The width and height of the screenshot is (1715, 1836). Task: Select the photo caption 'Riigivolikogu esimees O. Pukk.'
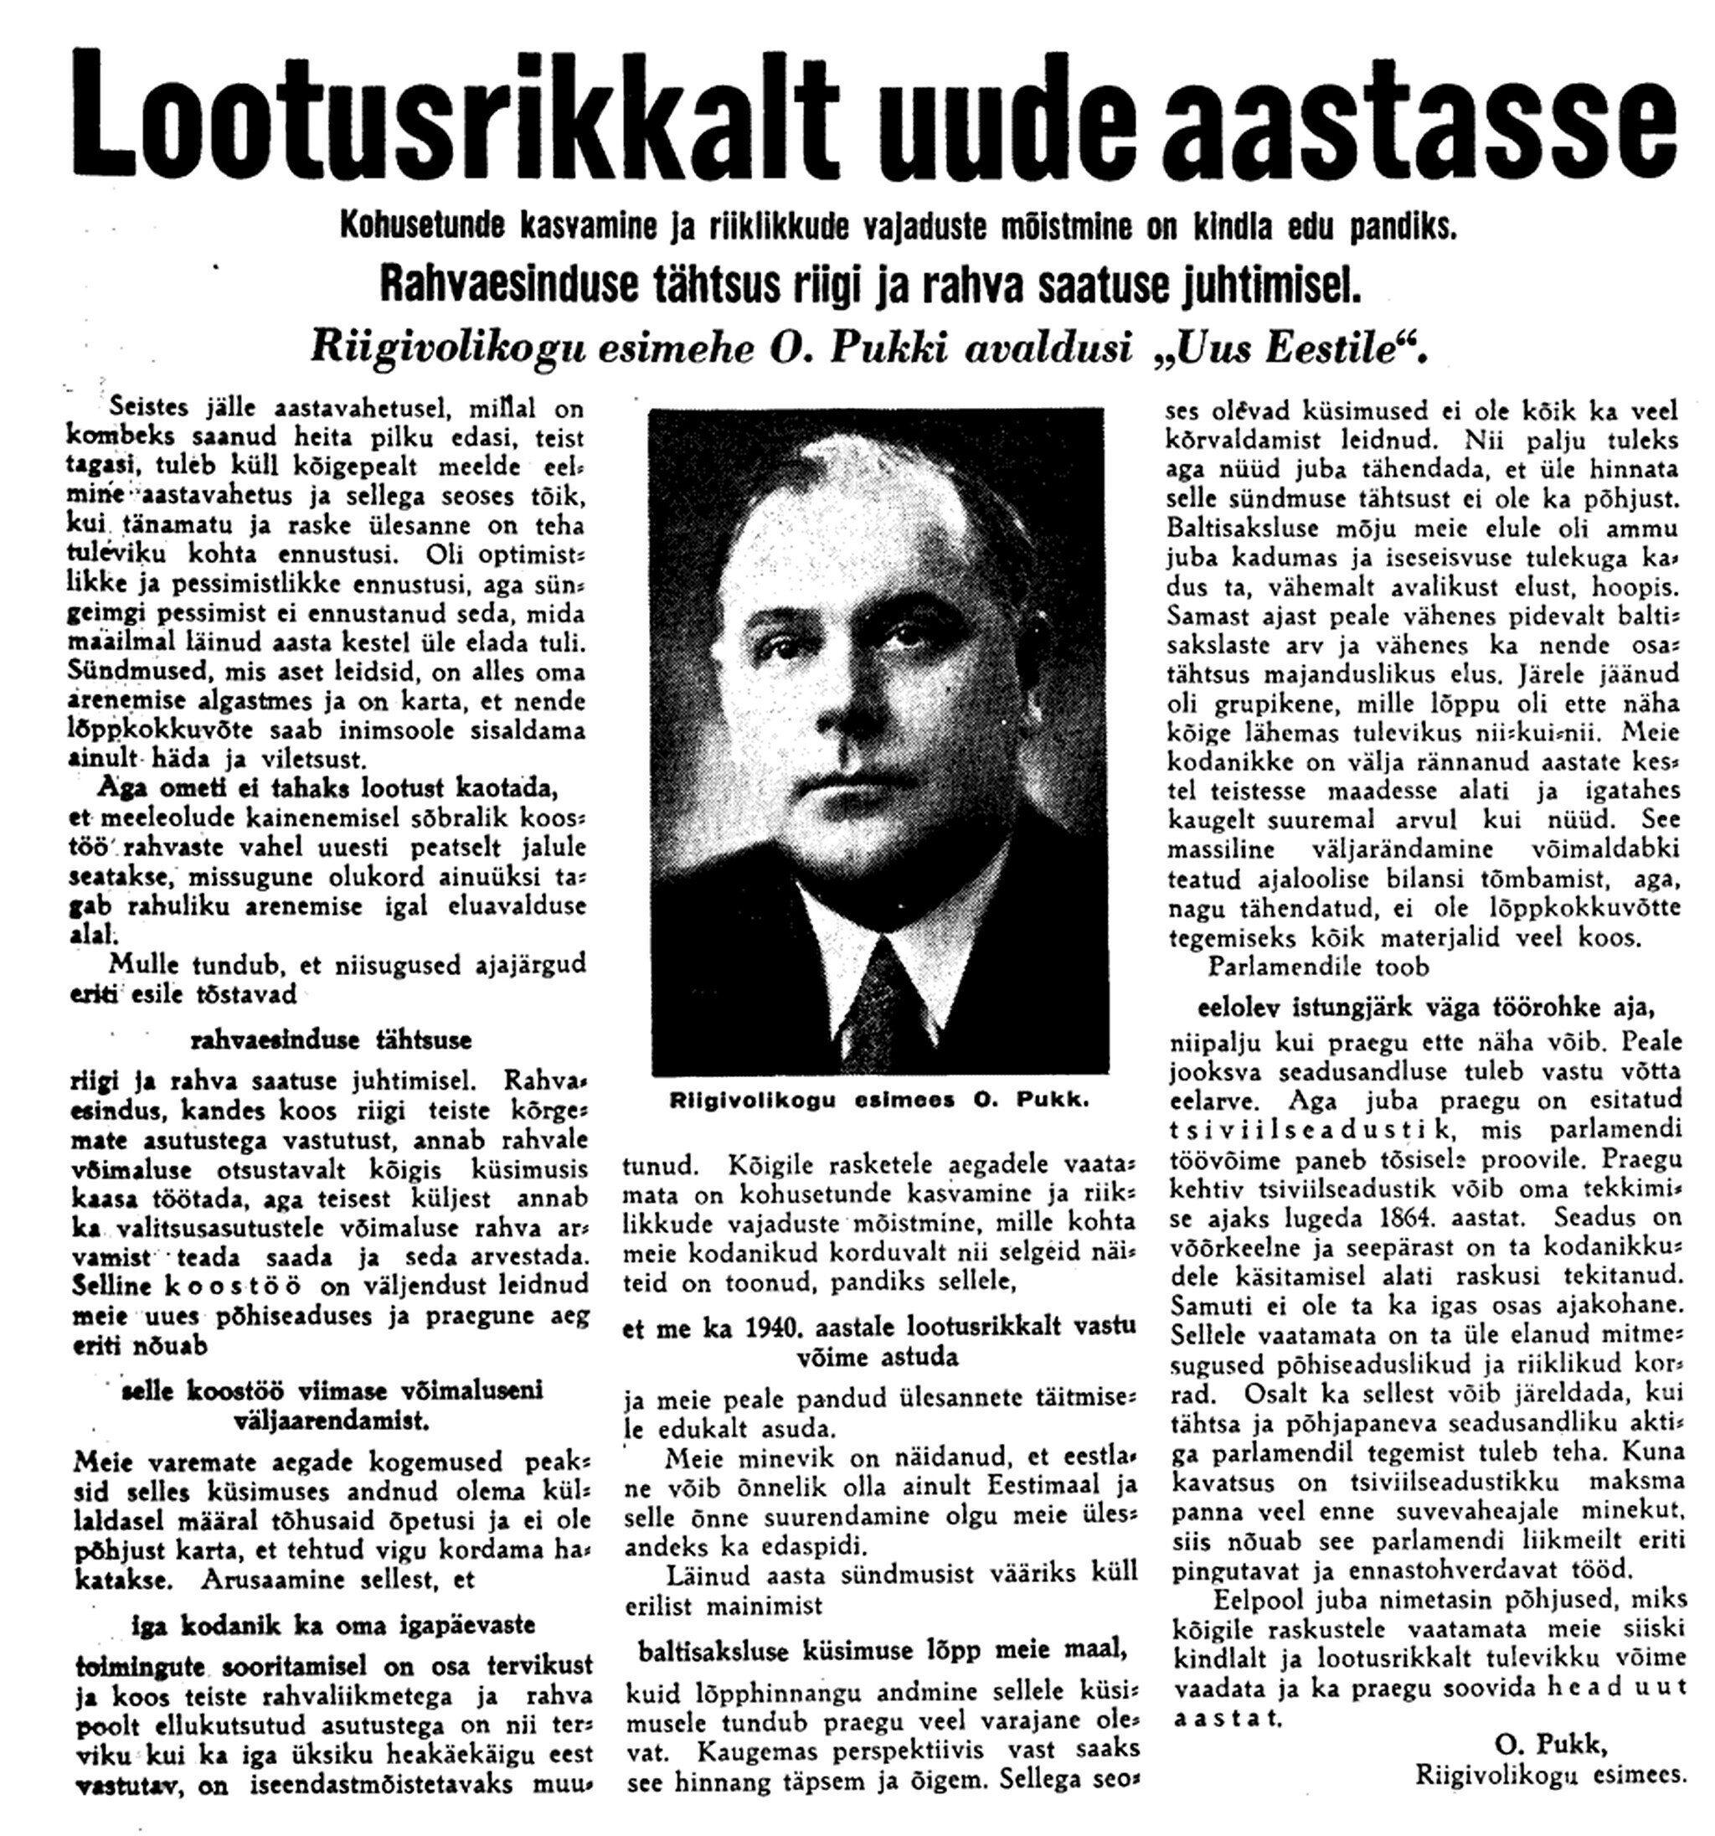(878, 1101)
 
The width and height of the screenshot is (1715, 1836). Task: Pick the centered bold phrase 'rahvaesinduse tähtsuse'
(331, 1040)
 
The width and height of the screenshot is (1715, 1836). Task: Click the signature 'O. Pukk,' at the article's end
(1551, 1744)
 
